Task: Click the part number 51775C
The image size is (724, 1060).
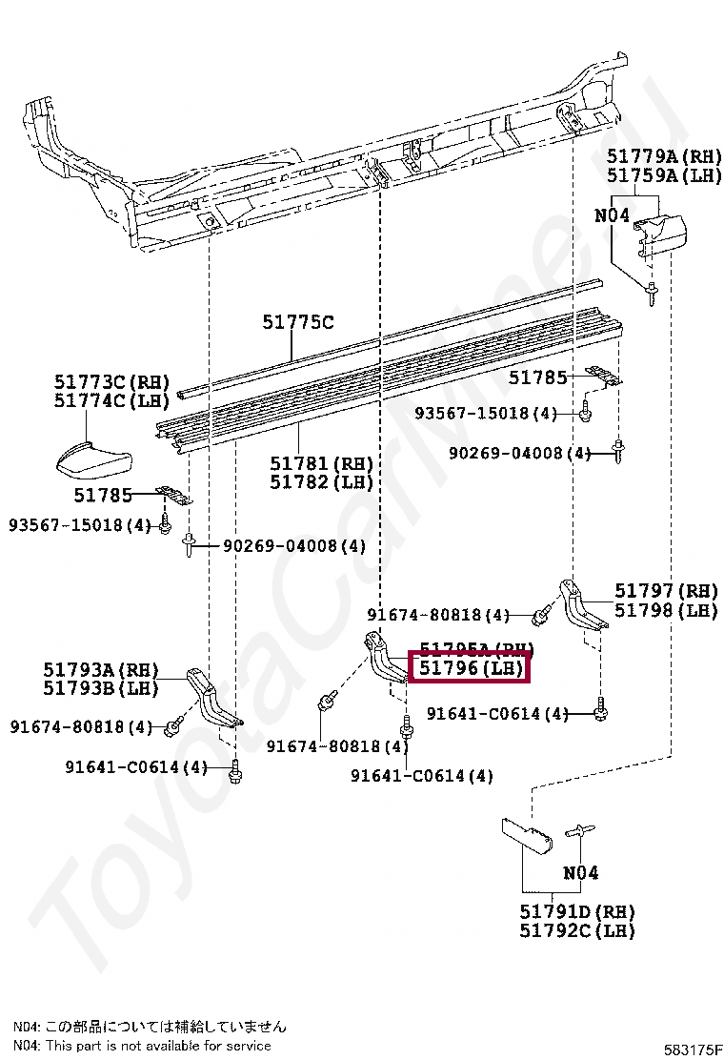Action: (298, 323)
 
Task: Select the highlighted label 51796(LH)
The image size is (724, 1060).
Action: (468, 669)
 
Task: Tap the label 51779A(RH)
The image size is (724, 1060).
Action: (665, 156)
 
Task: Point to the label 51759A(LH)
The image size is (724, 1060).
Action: (665, 176)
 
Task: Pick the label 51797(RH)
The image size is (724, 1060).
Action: (666, 591)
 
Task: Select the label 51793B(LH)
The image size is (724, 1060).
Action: (100, 688)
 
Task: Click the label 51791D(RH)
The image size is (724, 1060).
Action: (577, 911)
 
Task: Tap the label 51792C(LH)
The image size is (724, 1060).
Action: (577, 930)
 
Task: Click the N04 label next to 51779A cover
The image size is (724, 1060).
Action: (613, 216)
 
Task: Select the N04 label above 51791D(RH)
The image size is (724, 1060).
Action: (580, 872)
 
